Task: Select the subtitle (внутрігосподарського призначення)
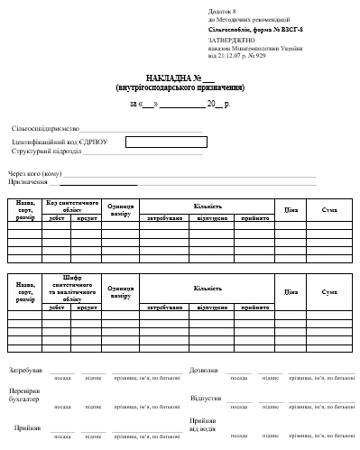180,87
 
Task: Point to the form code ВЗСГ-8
290,30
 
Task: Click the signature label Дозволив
203,370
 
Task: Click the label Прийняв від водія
203,424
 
